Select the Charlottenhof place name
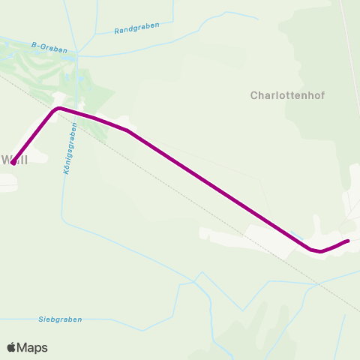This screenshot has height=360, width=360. [x=282, y=96]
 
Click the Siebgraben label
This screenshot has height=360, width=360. [x=60, y=319]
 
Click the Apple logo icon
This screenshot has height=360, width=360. [x=11, y=347]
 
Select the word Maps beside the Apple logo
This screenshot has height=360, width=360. [x=32, y=347]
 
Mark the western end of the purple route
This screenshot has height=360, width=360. [x=13, y=163]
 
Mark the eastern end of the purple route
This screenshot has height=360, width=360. [x=349, y=241]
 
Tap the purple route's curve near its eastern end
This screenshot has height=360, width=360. [x=319, y=251]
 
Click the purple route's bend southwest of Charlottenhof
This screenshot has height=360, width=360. [x=127, y=131]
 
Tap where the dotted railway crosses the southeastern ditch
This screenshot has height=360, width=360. [x=315, y=286]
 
